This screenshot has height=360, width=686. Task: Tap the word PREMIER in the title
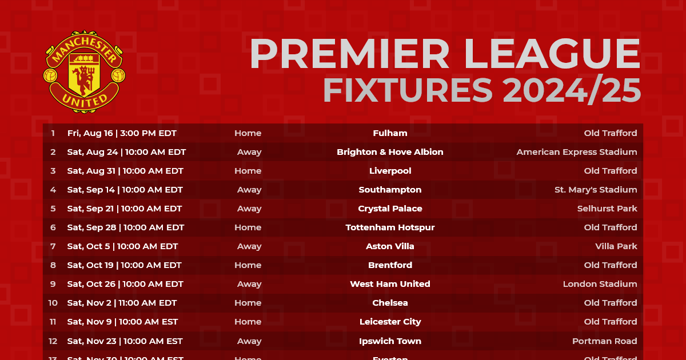coord(350,55)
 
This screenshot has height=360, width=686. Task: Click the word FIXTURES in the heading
coord(408,90)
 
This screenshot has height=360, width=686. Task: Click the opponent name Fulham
coord(390,133)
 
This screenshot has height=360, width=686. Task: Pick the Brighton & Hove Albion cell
coord(390,152)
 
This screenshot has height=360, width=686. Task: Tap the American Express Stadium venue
coord(576,152)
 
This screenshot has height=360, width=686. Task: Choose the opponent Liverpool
coord(390,171)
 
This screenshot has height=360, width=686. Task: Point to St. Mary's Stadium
coord(595,190)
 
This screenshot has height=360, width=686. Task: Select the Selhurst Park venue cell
coord(607,209)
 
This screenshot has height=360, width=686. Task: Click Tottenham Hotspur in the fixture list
coord(390,227)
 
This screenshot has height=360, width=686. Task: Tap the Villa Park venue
coord(616,246)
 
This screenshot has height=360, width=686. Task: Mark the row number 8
coord(53,265)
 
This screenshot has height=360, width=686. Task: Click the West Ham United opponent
coord(390,284)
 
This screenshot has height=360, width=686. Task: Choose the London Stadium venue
coord(600,284)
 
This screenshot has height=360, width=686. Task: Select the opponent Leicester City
coord(390,322)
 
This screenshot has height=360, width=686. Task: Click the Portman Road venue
coord(604,341)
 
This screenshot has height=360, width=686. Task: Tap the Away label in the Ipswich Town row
coord(249,341)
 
